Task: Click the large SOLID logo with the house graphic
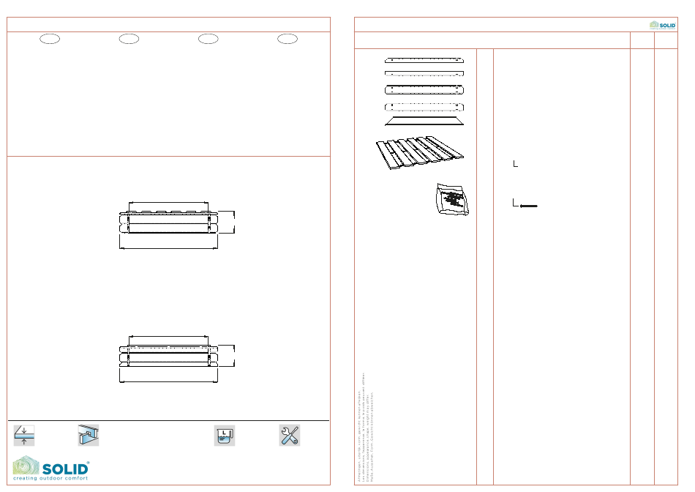point(51,466)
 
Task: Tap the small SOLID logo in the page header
point(663,25)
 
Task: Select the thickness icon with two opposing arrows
point(23,436)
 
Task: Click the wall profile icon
point(88,436)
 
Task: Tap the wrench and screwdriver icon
point(289,436)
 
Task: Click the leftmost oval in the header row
point(49,39)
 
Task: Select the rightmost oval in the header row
point(288,39)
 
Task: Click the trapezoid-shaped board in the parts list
point(424,121)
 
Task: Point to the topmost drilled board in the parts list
point(424,59)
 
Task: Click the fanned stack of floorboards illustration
point(421,154)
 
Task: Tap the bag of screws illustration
point(452,199)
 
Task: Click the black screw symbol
point(529,206)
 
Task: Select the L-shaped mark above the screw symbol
point(516,164)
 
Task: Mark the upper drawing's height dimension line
point(235,222)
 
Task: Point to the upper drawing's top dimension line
point(169,203)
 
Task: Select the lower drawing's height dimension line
point(235,355)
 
